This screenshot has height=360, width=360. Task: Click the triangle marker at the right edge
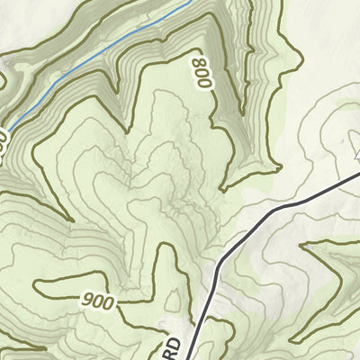click(x=357, y=155)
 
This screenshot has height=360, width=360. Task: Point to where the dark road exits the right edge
click(x=359, y=175)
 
